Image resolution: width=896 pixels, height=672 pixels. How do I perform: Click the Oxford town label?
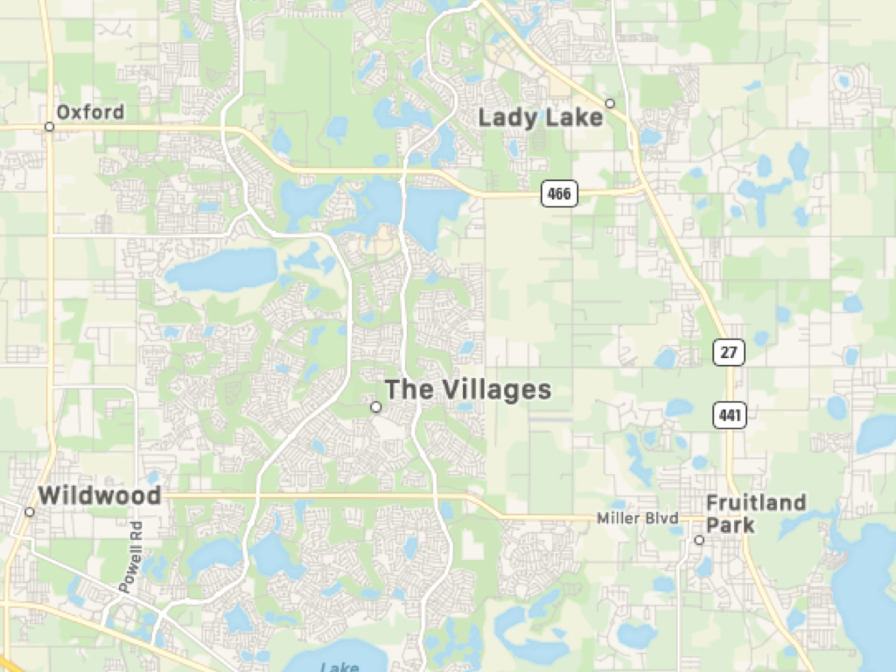pyautogui.click(x=90, y=112)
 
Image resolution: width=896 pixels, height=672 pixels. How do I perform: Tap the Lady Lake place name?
pyautogui.click(x=541, y=117)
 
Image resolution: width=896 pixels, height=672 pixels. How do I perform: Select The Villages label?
pyautogui.click(x=468, y=389)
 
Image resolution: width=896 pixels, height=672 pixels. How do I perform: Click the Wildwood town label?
pyautogui.click(x=99, y=496)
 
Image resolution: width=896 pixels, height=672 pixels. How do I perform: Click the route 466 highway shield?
pyautogui.click(x=559, y=192)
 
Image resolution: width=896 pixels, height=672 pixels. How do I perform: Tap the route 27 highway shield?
pyautogui.click(x=728, y=353)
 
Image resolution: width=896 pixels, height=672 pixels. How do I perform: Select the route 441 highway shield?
pyautogui.click(x=729, y=415)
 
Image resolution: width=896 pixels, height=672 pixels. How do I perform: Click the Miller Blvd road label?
pyautogui.click(x=637, y=519)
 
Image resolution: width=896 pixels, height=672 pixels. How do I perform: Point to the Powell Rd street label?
pyautogui.click(x=134, y=556)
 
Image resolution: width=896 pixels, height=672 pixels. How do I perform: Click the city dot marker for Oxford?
pyautogui.click(x=49, y=127)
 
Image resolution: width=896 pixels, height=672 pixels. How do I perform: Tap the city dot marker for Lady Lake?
pyautogui.click(x=610, y=103)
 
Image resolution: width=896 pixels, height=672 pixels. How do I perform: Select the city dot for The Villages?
pyautogui.click(x=376, y=407)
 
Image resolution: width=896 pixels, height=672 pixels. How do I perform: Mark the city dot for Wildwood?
pyautogui.click(x=30, y=512)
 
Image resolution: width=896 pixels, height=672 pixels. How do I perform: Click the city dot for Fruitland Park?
pyautogui.click(x=699, y=540)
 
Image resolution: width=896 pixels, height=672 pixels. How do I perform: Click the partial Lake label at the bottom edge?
pyautogui.click(x=339, y=667)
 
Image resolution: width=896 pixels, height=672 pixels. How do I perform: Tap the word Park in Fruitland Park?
pyautogui.click(x=730, y=525)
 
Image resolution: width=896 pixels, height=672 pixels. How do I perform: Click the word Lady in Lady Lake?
pyautogui.click(x=507, y=117)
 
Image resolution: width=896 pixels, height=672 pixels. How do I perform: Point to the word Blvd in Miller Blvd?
pyautogui.click(x=662, y=519)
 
